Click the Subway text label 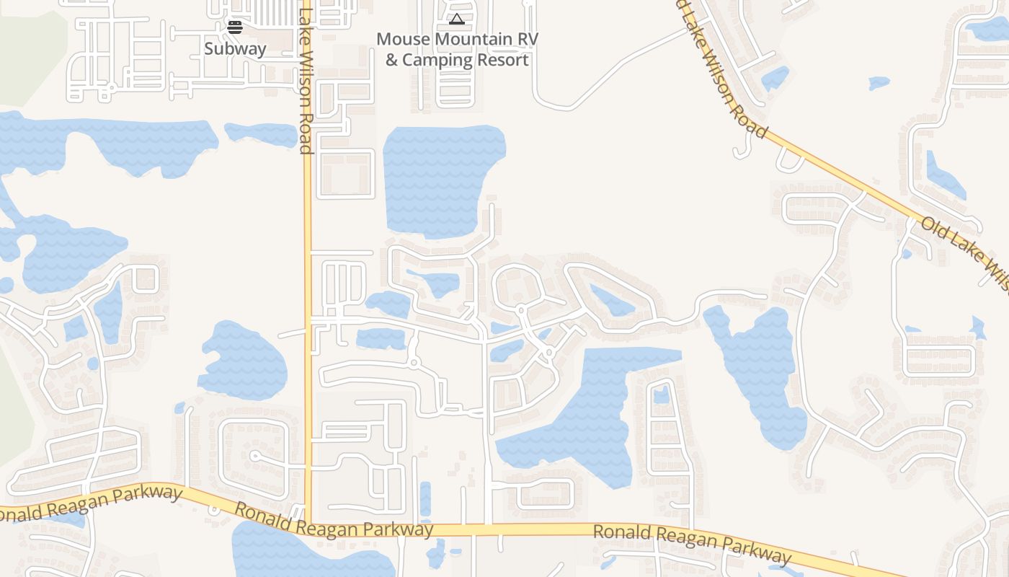tap(235, 49)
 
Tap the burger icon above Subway tap(235, 27)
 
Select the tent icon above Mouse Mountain tap(456, 19)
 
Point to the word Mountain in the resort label tap(477, 39)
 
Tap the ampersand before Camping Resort tap(391, 60)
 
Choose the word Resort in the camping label tap(501, 60)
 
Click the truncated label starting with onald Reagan tap(90, 503)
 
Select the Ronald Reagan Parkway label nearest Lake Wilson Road tap(334, 522)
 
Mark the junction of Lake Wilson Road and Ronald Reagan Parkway tap(308, 524)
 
